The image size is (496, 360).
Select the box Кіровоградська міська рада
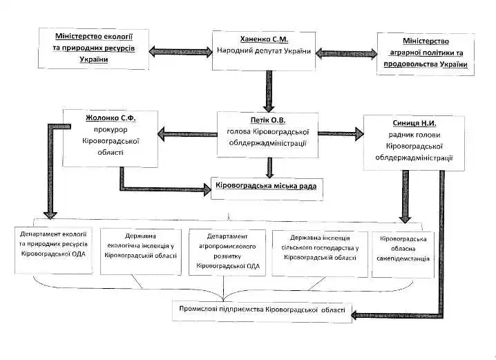pyautogui.click(x=267, y=187)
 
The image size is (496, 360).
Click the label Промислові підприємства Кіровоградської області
pyautogui.click(x=258, y=310)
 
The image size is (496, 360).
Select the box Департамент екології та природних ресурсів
pyautogui.click(x=53, y=249)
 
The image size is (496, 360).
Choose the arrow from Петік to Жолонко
pyautogui.click(x=186, y=132)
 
